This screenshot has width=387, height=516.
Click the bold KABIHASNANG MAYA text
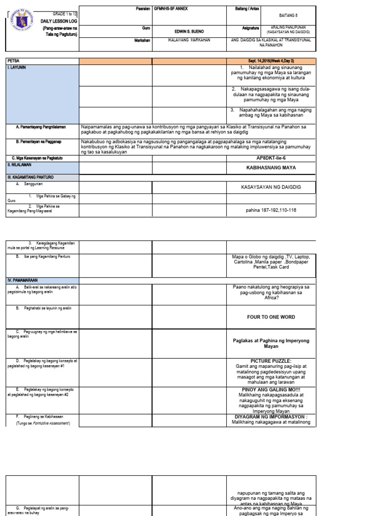[x=271, y=167]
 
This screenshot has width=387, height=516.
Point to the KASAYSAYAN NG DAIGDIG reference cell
[x=271, y=187]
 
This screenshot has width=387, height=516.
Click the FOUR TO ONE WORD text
[x=271, y=317]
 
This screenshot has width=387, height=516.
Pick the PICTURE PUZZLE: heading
[x=271, y=361]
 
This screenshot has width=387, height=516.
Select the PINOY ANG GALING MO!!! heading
[x=271, y=390]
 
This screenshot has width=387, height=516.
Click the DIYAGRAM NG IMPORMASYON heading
[x=271, y=417]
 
